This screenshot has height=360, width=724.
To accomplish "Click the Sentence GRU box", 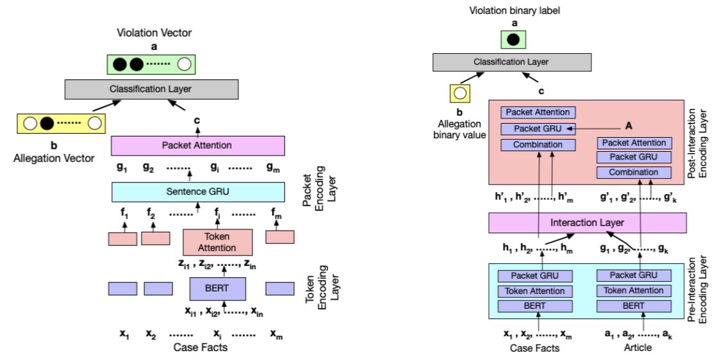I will tap(198, 192).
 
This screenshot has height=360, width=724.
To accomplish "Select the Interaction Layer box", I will tap(587, 223).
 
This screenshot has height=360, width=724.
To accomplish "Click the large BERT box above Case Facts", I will tap(218, 288).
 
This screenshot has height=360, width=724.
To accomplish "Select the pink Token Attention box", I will tap(218, 243).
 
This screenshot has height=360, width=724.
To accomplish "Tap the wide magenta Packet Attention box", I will tap(198, 145).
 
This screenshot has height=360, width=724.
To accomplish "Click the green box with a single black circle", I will tap(513, 40).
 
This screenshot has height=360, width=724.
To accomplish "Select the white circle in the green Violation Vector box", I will tap(185, 64).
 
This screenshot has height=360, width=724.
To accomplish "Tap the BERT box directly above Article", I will tap(633, 306).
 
